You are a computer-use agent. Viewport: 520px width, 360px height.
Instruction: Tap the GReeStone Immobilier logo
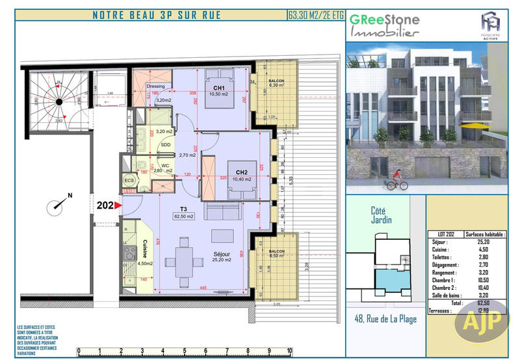pyautogui.click(x=385, y=25)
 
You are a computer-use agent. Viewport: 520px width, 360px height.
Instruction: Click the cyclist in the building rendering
pyautogui.click(x=396, y=182)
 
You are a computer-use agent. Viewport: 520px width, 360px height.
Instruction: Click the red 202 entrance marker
pyautogui.click(x=110, y=206)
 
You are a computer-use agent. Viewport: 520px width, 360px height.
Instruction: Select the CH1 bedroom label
pyautogui.click(x=218, y=88)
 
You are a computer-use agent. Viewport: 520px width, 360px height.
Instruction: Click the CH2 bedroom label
pyautogui.click(x=235, y=172)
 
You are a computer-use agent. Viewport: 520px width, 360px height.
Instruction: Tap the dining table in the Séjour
pyautogui.click(x=187, y=263)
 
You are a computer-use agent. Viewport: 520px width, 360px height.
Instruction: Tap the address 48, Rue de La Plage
pyautogui.click(x=385, y=319)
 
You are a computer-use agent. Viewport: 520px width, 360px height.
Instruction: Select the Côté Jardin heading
pyautogui.click(x=382, y=216)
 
